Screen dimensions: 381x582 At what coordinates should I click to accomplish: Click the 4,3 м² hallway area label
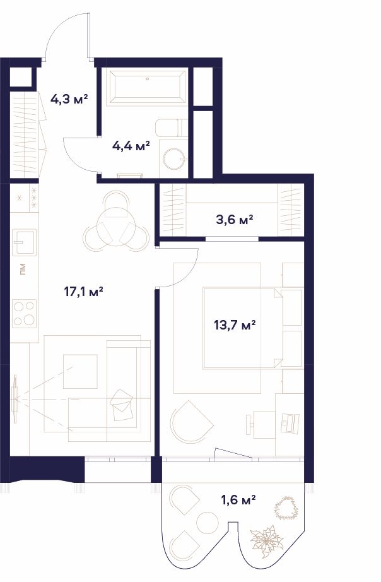click(x=69, y=99)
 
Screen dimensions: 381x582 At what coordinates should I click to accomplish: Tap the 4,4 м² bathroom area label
click(x=131, y=146)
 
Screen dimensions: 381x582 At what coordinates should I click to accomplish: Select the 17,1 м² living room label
click(x=83, y=292)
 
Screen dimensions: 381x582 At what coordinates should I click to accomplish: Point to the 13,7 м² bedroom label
click(x=235, y=326)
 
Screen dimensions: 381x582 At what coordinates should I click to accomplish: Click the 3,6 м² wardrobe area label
click(x=235, y=220)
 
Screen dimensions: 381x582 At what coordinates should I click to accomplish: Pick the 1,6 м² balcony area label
click(x=238, y=501)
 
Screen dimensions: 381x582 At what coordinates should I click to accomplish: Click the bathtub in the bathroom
click(x=148, y=88)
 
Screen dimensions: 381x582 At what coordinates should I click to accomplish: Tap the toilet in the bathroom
click(x=172, y=128)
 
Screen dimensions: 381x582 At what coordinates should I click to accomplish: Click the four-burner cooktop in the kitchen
click(x=25, y=314)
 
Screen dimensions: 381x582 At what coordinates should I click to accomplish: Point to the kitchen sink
click(x=25, y=242)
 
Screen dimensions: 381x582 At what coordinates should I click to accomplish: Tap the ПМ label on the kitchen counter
click(x=23, y=270)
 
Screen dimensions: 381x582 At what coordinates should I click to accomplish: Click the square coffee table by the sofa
click(x=80, y=372)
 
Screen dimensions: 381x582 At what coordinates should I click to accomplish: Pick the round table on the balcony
click(x=208, y=523)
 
